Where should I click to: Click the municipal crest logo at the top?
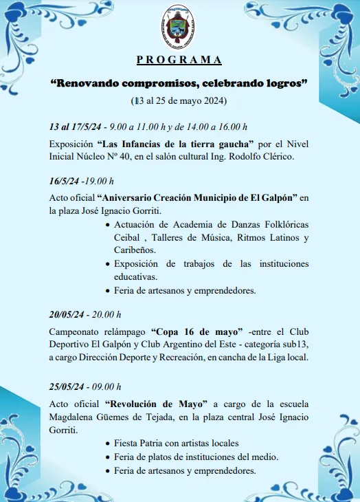179,27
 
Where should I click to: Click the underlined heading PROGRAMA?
179,60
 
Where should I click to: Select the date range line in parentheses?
179,101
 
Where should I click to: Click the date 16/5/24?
63,182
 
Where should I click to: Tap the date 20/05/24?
67,314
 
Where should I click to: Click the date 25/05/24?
67,386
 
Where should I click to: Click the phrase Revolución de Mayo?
150,404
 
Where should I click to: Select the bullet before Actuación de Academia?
108,225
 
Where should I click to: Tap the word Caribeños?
135,251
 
